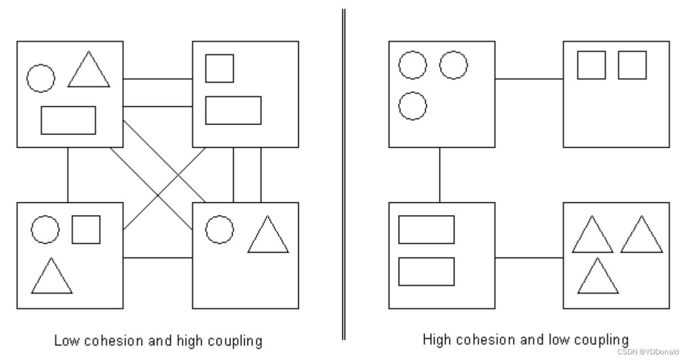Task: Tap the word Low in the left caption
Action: [64, 341]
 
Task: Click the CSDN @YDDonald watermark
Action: [648, 352]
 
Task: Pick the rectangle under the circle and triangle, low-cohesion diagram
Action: [68, 120]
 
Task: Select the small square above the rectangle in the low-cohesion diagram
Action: [219, 68]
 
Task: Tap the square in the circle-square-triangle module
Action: [86, 229]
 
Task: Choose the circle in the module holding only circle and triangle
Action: [219, 229]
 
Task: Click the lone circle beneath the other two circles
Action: [412, 106]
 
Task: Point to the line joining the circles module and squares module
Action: [529, 79]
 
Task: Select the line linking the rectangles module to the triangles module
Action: [529, 257]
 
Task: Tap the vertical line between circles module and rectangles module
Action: [439, 175]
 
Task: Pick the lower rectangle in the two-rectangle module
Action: [426, 271]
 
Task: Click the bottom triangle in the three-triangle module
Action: [598, 277]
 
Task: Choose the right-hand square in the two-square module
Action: [632, 65]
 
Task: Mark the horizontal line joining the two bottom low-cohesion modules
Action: [157, 257]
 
